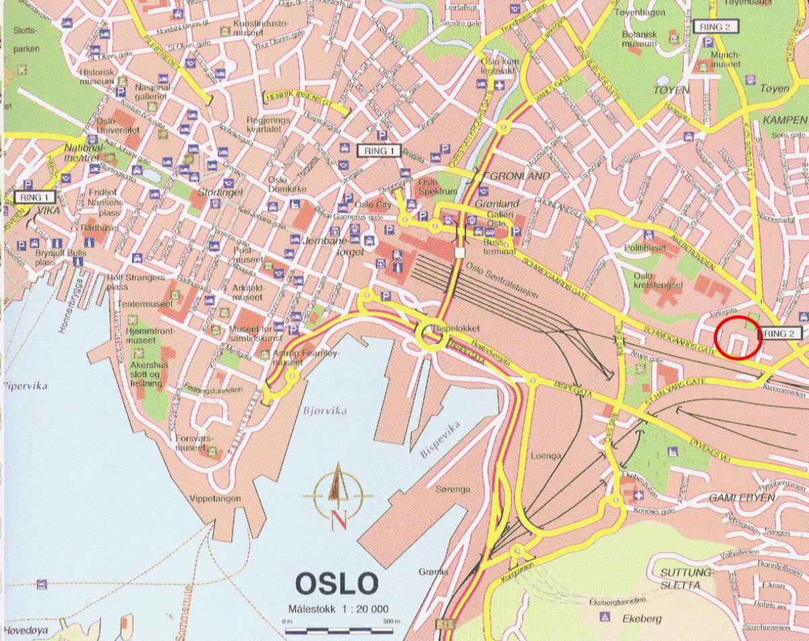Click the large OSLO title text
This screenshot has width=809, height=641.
[337, 582]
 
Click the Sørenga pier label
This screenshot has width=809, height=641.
[452, 489]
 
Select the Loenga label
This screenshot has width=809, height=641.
[546, 455]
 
